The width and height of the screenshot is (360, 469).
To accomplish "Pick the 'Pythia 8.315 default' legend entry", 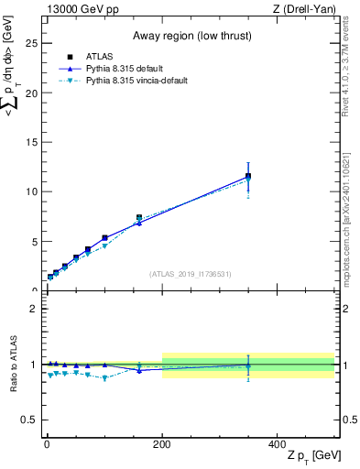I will [123, 68].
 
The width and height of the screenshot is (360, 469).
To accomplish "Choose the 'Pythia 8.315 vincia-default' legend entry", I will [135, 81].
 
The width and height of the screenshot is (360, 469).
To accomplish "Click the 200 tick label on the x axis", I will [162, 442].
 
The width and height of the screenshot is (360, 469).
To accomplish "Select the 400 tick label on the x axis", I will [278, 442].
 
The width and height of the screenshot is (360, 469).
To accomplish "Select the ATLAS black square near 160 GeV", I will [139, 218].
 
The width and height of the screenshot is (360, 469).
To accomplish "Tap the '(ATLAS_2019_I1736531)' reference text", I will [191, 274].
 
